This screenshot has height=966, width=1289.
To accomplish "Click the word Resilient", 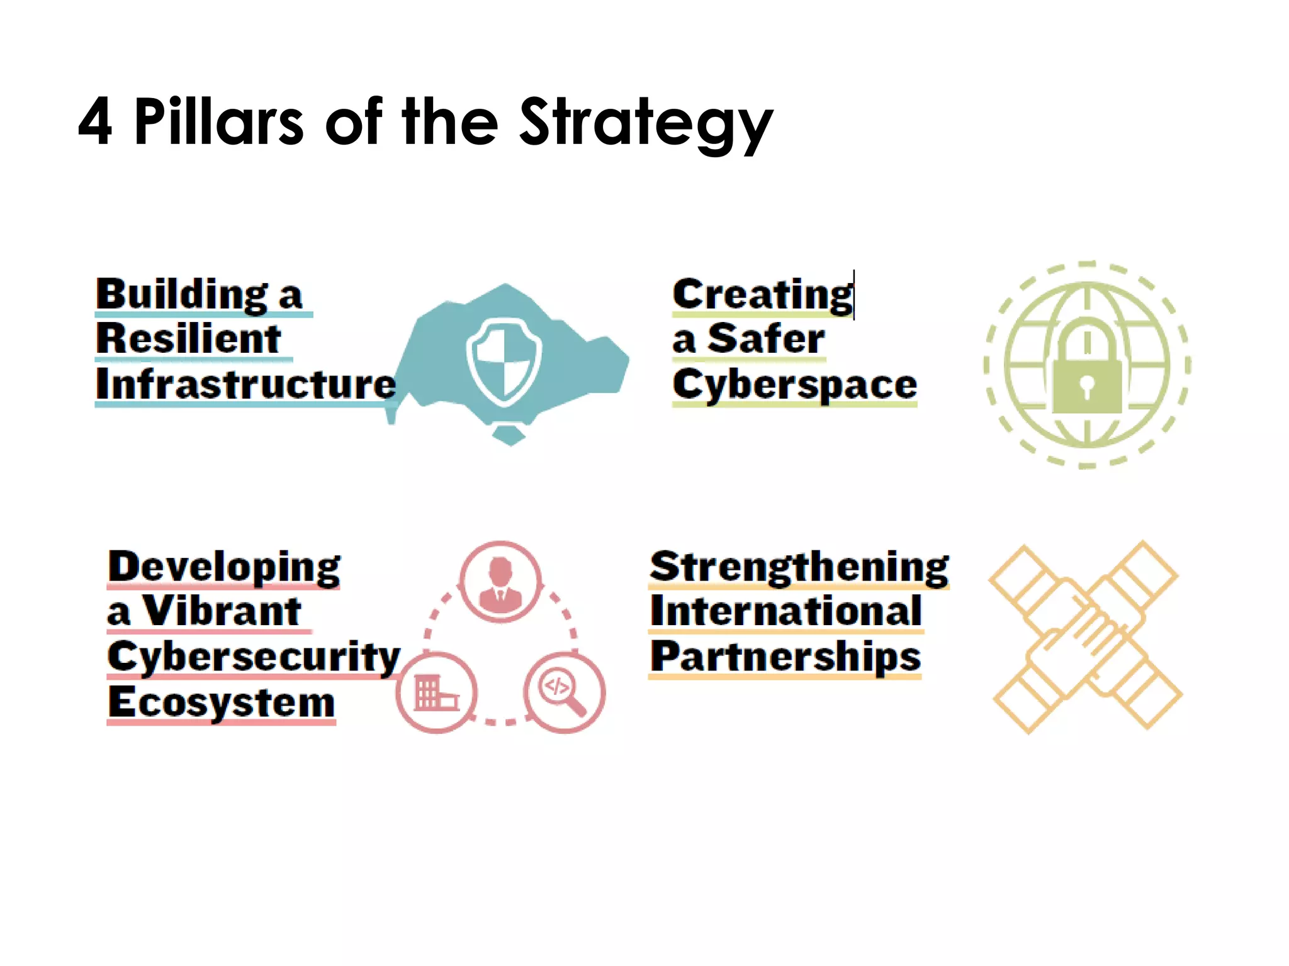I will click(189, 339).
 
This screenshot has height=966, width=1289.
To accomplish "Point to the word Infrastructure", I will click(246, 384).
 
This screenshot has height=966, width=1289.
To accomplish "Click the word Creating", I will click(763, 294).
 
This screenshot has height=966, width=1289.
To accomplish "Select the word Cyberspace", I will click(794, 384).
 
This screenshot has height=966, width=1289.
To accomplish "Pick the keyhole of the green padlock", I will click(1086, 384).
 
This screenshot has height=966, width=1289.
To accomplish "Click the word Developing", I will click(224, 568).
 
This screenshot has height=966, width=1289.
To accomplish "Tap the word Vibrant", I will click(222, 611).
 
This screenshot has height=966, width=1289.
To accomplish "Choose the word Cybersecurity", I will click(254, 657).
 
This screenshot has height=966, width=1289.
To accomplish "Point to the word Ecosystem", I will click(221, 702).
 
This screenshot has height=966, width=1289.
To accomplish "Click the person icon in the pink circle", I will click(500, 582).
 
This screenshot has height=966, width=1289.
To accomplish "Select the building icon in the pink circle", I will click(436, 692).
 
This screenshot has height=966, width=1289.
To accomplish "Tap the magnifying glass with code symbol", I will click(564, 692).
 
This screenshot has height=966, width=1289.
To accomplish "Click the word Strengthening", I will click(799, 568).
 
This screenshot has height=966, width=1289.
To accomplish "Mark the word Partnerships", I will click(785, 657).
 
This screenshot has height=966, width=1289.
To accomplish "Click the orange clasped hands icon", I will click(1085, 636).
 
